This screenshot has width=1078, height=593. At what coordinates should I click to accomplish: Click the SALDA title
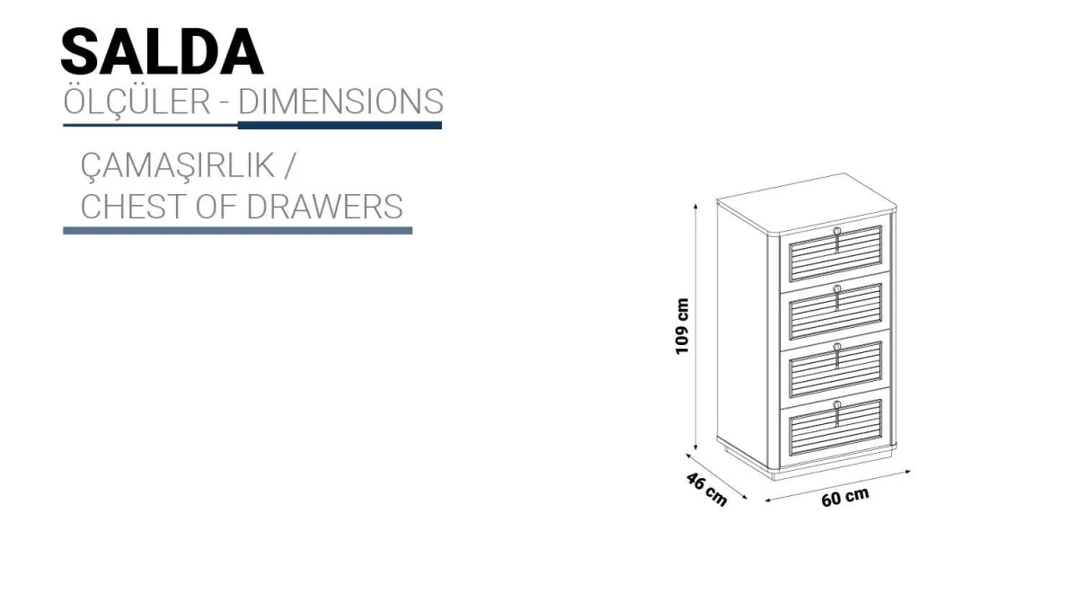[163, 52]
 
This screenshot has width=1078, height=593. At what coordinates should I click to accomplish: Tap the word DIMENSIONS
[340, 102]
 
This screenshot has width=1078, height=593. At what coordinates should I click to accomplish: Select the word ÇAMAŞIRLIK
[178, 166]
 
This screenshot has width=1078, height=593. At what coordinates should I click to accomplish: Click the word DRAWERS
[325, 207]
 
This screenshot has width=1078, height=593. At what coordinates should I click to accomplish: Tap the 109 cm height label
[683, 327]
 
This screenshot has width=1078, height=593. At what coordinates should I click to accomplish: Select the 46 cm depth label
[706, 489]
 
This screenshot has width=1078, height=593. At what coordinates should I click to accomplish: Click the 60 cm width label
[845, 497]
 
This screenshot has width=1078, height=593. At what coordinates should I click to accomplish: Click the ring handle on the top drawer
[837, 232]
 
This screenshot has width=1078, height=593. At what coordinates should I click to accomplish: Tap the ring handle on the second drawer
[837, 288]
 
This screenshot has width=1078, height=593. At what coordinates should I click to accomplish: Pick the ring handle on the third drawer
[837, 347]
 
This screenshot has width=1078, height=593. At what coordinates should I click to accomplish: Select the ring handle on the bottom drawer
[837, 404]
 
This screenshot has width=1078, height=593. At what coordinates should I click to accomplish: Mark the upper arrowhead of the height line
[695, 206]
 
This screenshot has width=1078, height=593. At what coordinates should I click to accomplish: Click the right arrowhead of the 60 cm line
[907, 473]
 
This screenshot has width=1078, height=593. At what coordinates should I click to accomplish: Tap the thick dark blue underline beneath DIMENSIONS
[340, 125]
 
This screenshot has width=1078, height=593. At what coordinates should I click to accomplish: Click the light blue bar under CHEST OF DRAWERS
[238, 231]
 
